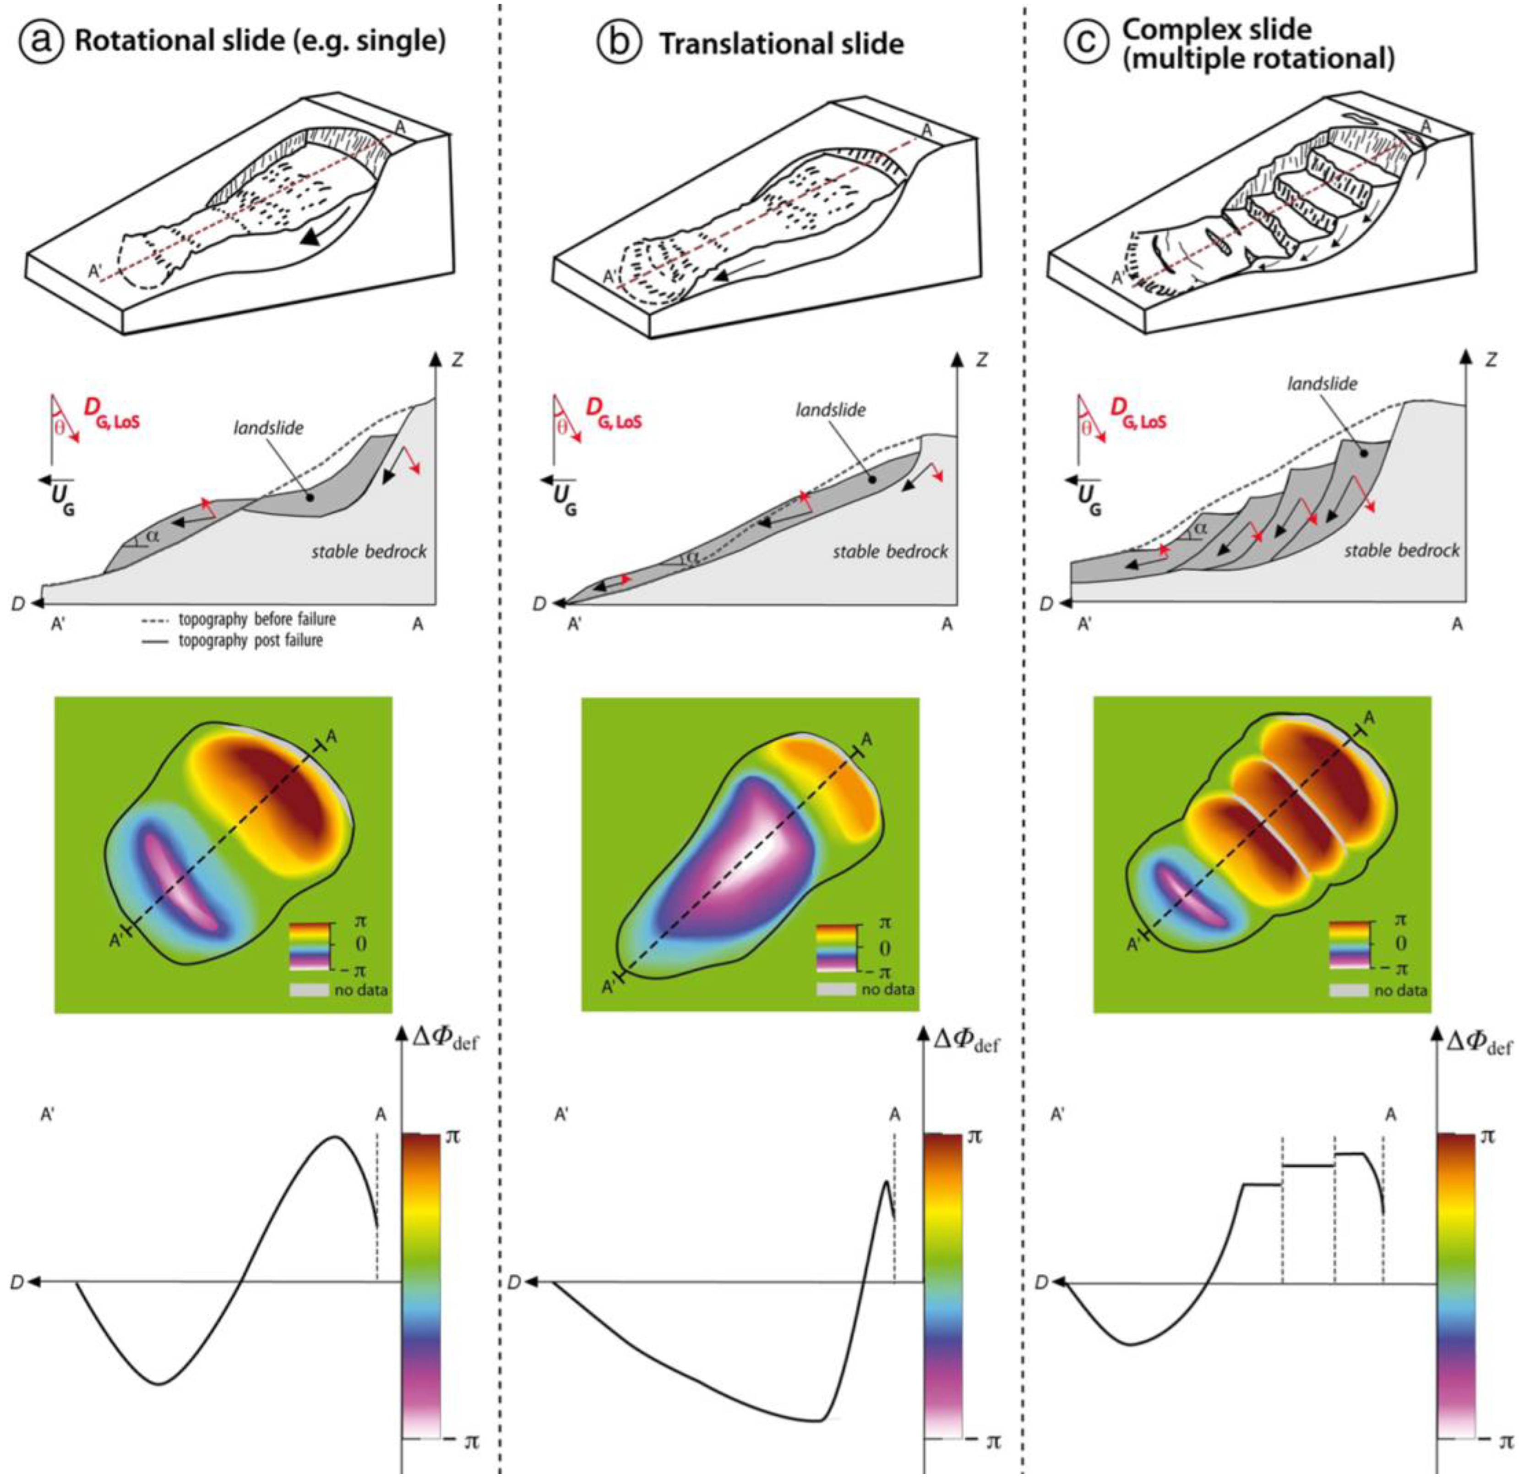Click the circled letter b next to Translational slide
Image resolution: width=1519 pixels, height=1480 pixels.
(x=615, y=43)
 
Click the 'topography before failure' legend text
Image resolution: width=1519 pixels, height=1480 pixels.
(x=257, y=620)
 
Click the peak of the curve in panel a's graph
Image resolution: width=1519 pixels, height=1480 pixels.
(x=335, y=1137)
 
